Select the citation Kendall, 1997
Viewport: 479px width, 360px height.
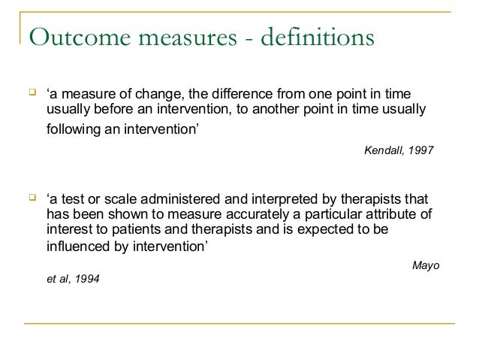pos(398,150)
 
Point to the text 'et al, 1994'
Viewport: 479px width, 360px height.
pos(72,279)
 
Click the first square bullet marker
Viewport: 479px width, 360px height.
pos(32,93)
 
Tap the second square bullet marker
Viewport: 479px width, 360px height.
pos(32,198)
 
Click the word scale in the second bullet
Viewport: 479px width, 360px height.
pos(110,200)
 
